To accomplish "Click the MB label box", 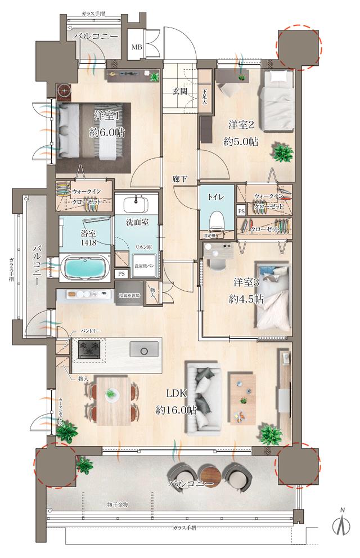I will point(137,47).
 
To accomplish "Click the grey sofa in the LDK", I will point(205,398).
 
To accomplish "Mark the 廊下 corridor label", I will point(180,179).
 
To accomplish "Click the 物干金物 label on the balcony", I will point(118,505).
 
